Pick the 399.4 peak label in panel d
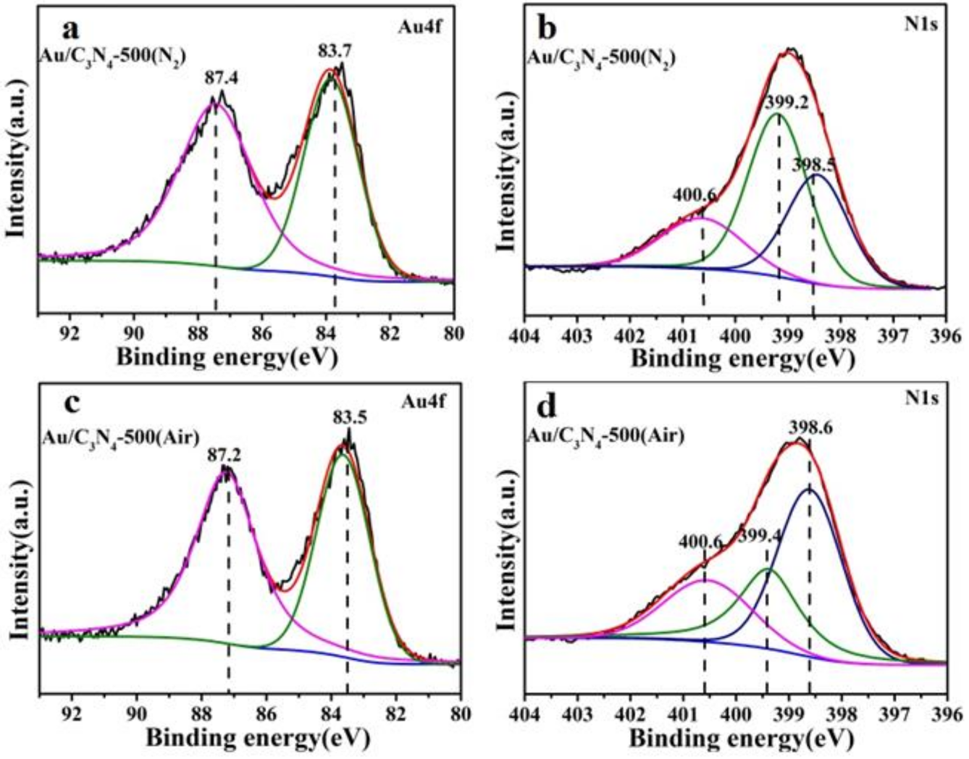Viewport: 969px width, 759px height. click(x=760, y=536)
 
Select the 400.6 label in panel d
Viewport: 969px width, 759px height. click(x=700, y=541)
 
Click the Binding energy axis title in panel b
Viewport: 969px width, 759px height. click(x=742, y=358)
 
